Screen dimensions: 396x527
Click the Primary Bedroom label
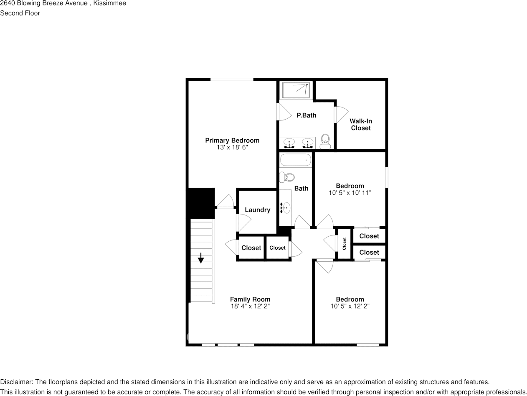[x=232, y=141]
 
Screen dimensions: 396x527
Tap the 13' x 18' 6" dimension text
[x=232, y=148]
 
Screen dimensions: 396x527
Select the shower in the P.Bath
[x=296, y=90]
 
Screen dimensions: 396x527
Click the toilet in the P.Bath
[x=325, y=141]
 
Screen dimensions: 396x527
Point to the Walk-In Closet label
[x=360, y=125]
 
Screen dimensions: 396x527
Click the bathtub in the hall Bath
[x=295, y=160]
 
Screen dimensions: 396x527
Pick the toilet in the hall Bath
[x=287, y=177]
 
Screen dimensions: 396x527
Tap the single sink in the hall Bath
[x=286, y=207]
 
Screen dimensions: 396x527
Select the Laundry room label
[x=257, y=210]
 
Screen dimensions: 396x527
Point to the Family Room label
[x=250, y=299]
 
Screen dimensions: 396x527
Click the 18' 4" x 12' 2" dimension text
[x=250, y=306]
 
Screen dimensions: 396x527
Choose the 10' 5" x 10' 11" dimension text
[x=350, y=193]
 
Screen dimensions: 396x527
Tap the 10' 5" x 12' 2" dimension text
[x=350, y=306]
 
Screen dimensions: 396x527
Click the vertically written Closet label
[x=345, y=243]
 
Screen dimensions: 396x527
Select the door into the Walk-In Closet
[x=340, y=115]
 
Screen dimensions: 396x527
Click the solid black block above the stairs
[x=201, y=203]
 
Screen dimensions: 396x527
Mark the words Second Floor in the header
[x=20, y=13]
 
